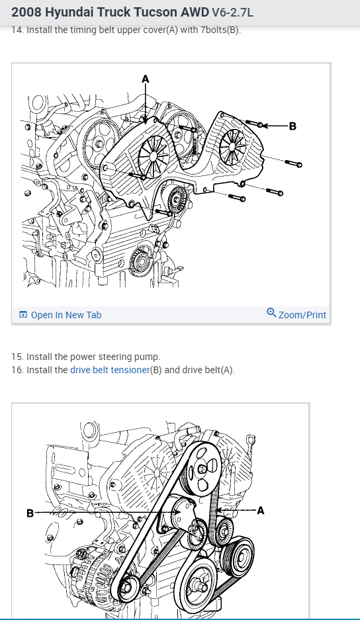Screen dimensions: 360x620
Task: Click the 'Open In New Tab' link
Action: coord(66,315)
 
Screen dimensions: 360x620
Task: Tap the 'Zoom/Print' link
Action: coord(302,315)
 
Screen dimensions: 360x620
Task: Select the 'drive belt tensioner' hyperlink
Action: coord(110,370)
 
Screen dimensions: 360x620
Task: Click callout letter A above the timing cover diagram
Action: coord(146,79)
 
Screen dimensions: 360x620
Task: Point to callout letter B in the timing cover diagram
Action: coord(292,126)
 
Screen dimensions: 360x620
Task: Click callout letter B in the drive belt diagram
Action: coord(30,513)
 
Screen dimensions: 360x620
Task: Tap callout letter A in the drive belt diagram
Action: coord(260,511)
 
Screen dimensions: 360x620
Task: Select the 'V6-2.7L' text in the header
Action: coord(233,13)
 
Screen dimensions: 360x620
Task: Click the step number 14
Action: coord(17,30)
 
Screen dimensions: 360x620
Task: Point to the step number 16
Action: coord(17,370)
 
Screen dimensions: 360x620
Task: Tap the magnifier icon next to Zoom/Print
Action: coord(271,313)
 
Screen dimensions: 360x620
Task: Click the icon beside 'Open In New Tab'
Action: coord(23,315)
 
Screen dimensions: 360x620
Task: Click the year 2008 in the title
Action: coord(26,13)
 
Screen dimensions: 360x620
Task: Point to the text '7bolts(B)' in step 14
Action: coord(220,30)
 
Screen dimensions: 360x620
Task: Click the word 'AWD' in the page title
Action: coord(195,13)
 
